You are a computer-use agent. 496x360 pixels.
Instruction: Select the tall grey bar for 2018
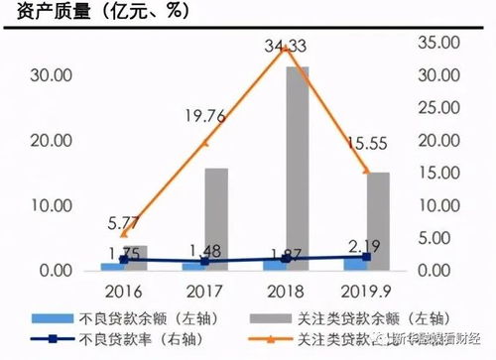[x=297, y=169]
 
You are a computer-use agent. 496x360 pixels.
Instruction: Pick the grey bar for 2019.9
[x=378, y=221]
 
